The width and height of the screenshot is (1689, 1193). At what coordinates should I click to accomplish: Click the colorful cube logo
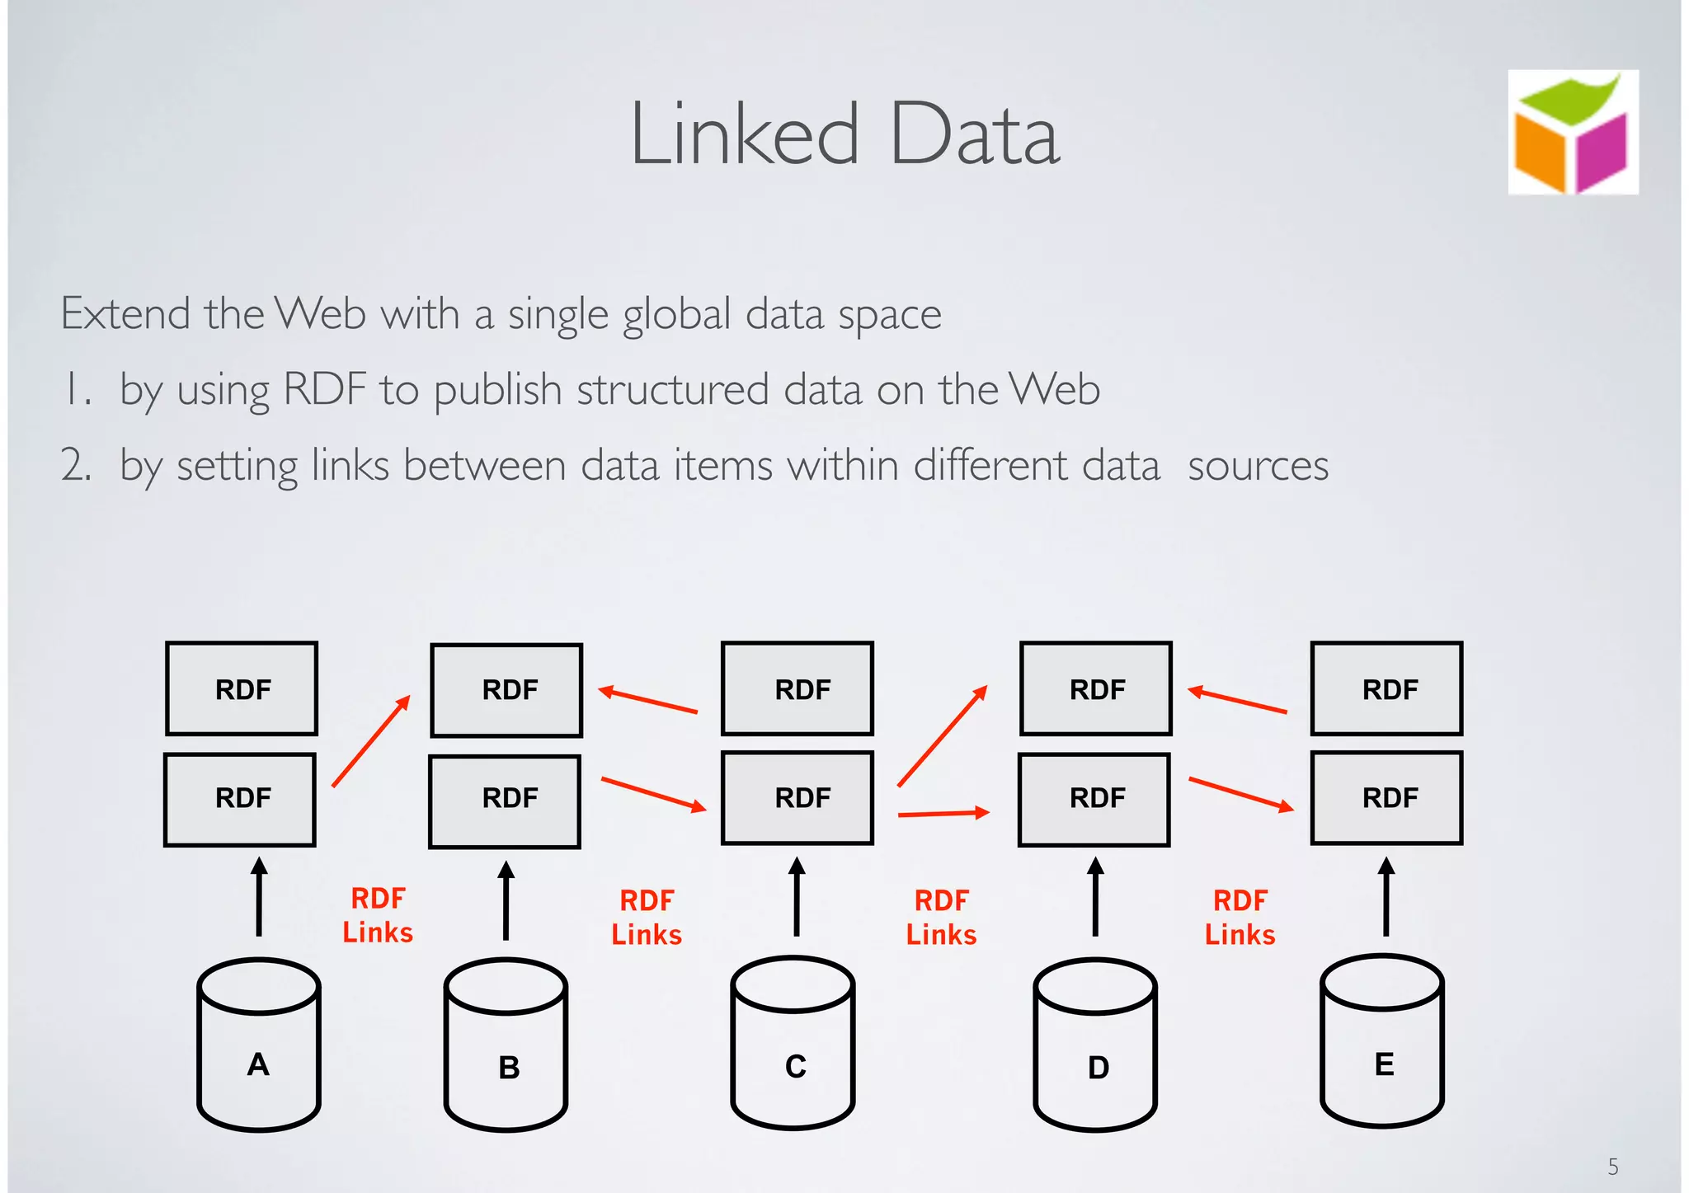coord(1573,133)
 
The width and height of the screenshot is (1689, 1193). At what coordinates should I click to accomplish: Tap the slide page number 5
coord(1612,1167)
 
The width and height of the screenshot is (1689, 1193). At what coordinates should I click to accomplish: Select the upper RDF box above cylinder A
coord(242,688)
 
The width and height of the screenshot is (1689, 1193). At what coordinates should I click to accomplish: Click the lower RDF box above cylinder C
coord(797,798)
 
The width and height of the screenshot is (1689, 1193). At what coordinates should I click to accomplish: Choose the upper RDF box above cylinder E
coord(1386,688)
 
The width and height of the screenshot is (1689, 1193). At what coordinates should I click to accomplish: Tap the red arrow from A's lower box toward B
coord(371,741)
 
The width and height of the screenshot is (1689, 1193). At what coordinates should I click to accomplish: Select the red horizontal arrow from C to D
coord(943,814)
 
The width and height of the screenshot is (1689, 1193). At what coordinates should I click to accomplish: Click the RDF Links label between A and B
coord(378,915)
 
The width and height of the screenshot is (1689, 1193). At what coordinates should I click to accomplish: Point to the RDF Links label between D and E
coord(1240,918)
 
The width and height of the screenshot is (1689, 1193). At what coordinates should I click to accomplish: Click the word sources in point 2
coord(1258,466)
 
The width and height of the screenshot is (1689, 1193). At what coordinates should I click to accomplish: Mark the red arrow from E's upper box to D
coord(1237,700)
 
